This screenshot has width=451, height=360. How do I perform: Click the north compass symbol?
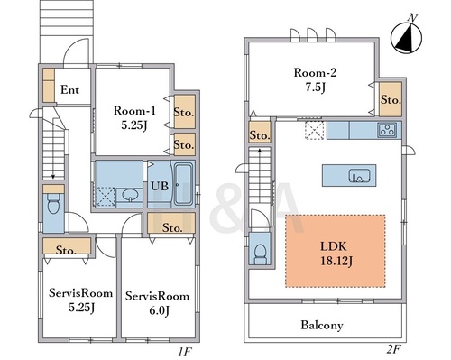pos(406,38)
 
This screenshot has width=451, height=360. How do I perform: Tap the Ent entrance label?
pos(69,89)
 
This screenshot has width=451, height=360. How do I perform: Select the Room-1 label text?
pos(134,111)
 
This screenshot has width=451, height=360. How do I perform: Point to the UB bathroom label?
pos(160,186)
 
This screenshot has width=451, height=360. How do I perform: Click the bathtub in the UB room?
pos(183,185)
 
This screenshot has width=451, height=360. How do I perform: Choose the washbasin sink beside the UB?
pos(130,196)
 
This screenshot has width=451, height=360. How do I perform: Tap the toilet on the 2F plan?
pos(260,254)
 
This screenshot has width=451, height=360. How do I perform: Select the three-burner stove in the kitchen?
pos(387,130)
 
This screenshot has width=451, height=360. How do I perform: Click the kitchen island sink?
pos(359,176)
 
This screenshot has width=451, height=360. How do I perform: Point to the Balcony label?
pos(322,325)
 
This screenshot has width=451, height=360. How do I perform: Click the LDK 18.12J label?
pos(336,254)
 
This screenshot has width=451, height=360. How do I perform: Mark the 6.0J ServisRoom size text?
pos(160,310)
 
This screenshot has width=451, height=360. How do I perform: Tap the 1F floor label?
pos(185,352)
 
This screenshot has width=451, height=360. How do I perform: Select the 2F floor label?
pos(393,350)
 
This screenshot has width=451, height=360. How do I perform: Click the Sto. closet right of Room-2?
pos(391,99)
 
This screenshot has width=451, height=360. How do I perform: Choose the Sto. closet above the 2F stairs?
pos(260,132)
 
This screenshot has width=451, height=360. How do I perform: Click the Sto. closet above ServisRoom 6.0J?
pos(171,223)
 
